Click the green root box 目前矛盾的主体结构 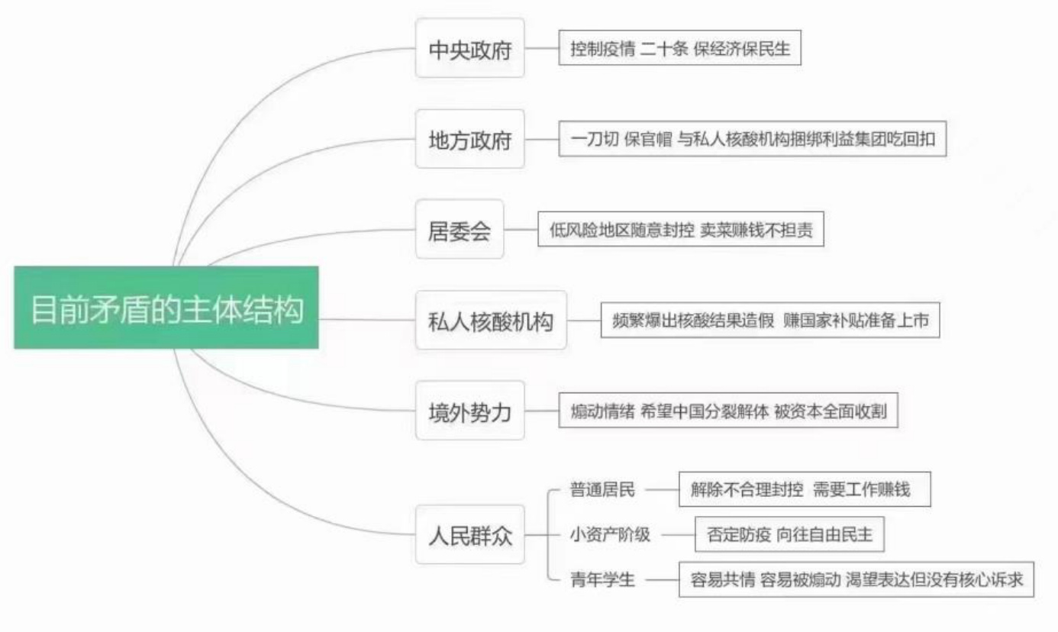[x=166, y=308]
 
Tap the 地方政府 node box [x=469, y=140]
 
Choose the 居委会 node [x=460, y=230]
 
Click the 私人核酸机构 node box [x=491, y=321]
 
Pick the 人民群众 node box [x=469, y=534]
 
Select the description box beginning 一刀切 [x=753, y=140]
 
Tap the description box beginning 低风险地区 [x=681, y=230]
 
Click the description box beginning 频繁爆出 [x=770, y=321]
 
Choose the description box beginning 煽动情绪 [x=728, y=411]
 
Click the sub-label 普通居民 [x=602, y=489]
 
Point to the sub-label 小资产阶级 [x=610, y=534]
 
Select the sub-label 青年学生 [x=602, y=579]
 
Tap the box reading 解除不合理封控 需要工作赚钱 [x=805, y=489]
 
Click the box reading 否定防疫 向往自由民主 [x=789, y=534]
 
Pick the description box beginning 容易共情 [x=856, y=579]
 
